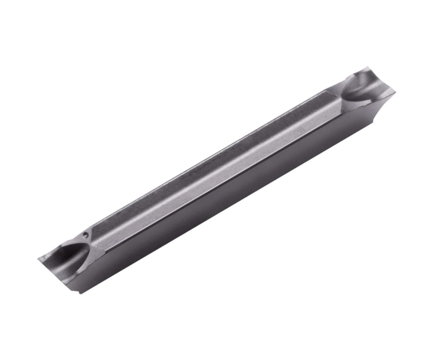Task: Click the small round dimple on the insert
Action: [x=87, y=234]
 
